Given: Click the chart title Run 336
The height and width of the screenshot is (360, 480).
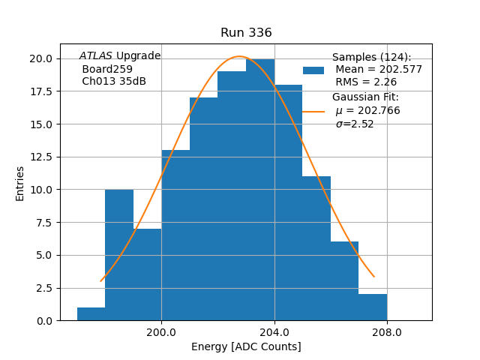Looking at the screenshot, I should point(246,33).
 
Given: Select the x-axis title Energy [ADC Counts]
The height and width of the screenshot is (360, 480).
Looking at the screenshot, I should point(246,346).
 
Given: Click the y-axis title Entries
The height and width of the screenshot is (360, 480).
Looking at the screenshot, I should point(20,183).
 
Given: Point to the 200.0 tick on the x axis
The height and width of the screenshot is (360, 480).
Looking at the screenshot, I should point(161,332).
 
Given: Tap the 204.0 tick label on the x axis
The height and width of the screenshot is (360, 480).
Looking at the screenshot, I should point(274,332).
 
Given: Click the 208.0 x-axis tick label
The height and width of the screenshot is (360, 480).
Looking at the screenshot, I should point(387,332).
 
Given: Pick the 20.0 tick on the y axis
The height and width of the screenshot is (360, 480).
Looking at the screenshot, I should point(41,58).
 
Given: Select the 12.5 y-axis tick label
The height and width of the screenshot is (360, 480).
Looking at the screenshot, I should point(41,157).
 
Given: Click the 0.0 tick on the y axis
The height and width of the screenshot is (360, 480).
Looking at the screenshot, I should point(44,320).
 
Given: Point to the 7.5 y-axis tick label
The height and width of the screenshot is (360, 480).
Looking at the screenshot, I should point(44,222).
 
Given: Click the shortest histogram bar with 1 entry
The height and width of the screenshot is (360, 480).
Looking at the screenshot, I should point(91,314).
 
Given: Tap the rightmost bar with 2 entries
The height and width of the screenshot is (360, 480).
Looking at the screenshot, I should point(373,307).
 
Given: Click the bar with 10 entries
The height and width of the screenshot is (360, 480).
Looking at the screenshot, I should point(119,255).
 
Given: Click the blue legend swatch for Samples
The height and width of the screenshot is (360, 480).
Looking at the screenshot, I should point(313,70).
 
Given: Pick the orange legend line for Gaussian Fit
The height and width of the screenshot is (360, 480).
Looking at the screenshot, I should point(313,111).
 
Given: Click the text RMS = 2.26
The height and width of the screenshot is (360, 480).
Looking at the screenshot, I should point(366,82).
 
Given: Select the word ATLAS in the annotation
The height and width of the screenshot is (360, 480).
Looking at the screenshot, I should point(95,56).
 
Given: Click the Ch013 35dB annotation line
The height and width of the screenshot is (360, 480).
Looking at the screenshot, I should point(114,81).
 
